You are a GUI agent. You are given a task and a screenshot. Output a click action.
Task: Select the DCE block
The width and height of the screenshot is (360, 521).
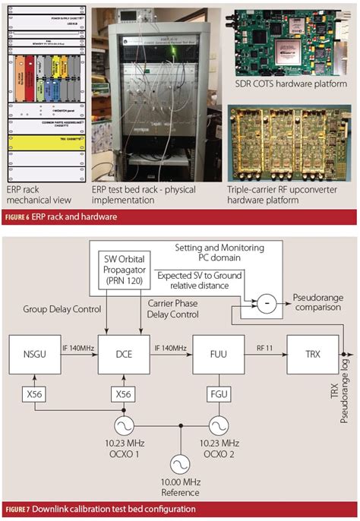click(x=123, y=354)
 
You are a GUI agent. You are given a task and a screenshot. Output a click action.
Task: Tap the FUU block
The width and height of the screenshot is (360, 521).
click(x=217, y=354)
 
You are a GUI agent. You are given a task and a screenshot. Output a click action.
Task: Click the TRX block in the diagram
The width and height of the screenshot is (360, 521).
click(x=312, y=354)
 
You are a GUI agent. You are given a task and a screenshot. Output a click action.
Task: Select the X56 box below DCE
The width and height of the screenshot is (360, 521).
click(x=123, y=396)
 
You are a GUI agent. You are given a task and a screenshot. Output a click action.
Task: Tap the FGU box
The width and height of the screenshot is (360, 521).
click(x=217, y=396)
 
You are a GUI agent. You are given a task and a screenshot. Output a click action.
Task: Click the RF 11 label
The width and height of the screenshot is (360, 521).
click(x=264, y=346)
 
